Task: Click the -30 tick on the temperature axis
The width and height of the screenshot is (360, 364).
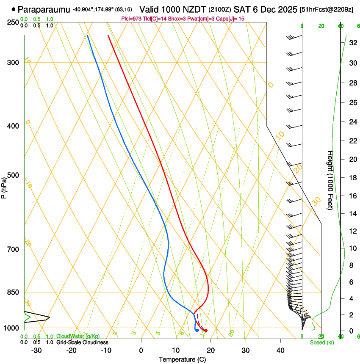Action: pyautogui.click(x=36, y=350)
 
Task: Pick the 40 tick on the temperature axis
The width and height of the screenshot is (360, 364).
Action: pyautogui.click(x=280, y=350)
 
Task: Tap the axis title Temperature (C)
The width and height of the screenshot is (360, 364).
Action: pyautogui.click(x=182, y=359)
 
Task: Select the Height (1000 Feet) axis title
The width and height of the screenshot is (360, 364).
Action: pyautogui.click(x=331, y=180)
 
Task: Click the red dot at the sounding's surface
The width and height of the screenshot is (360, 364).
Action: pyautogui.click(x=206, y=330)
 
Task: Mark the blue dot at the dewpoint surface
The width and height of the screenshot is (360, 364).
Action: pyautogui.click(x=197, y=330)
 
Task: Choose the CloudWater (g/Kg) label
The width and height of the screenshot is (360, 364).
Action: pyautogui.click(x=78, y=336)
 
